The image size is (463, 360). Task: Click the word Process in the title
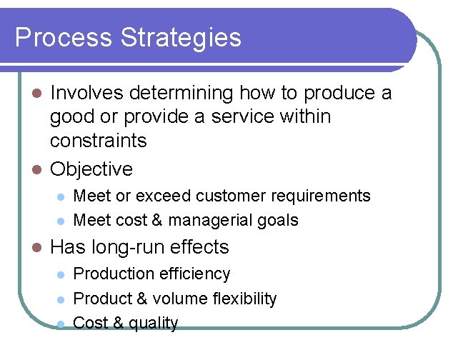(x=59, y=37)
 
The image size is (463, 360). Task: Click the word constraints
(x=98, y=141)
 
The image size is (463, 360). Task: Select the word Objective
(x=91, y=169)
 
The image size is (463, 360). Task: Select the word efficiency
(x=195, y=274)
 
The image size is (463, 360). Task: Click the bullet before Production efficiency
(x=61, y=274)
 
